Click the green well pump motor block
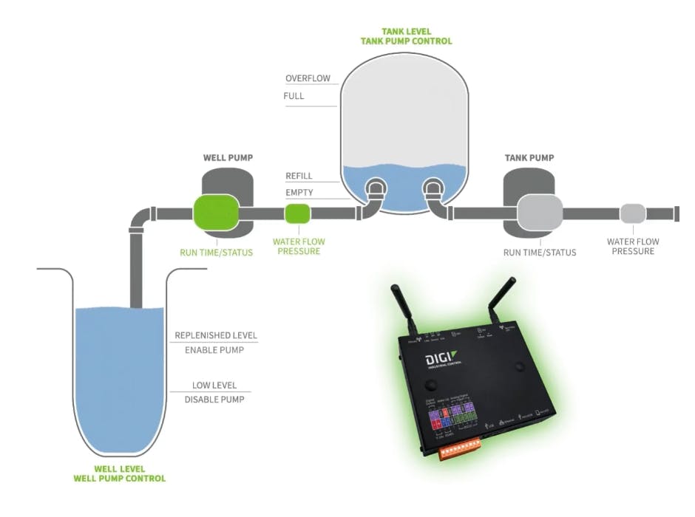[x=216, y=213]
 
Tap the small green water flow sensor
[x=298, y=213]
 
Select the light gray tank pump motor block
[x=540, y=213]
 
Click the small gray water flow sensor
[x=632, y=213]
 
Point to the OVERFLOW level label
[x=308, y=78]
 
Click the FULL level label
[x=294, y=96]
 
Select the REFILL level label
[x=299, y=176]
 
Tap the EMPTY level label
[x=299, y=193]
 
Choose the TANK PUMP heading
[x=529, y=158]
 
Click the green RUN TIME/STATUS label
[x=217, y=253]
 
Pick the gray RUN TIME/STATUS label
[x=540, y=253]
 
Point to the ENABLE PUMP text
[x=215, y=349]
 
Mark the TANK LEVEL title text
[x=406, y=32]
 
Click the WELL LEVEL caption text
[x=120, y=469]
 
